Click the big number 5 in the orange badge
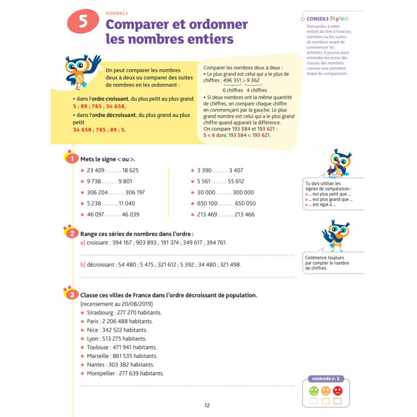tap(83, 22)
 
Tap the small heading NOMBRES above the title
tap(117, 13)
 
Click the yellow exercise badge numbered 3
tap(71, 296)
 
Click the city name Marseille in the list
tap(100, 356)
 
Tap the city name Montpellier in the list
tap(103, 373)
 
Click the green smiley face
tap(314, 390)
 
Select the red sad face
tap(338, 390)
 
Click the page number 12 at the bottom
tap(207, 406)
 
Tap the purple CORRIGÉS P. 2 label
tap(325, 379)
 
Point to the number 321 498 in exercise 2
tap(230, 265)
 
